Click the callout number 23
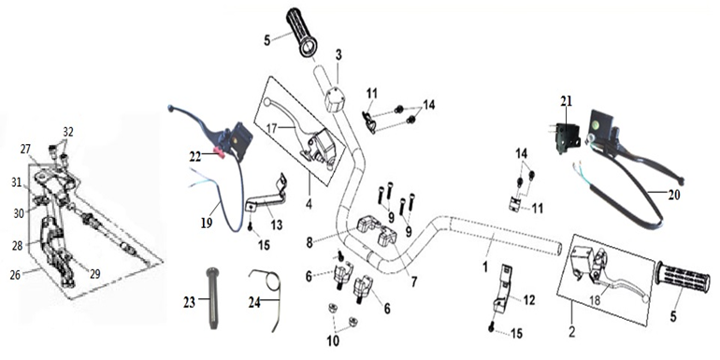pyautogui.click(x=189, y=302)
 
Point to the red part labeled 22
pyautogui.click(x=218, y=152)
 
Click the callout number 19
pyautogui.click(x=206, y=223)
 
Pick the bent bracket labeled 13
pyautogui.click(x=266, y=195)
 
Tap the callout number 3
pyautogui.click(x=338, y=55)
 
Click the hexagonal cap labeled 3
pyautogui.click(x=336, y=100)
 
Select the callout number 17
pyautogui.click(x=272, y=129)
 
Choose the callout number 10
pyautogui.click(x=333, y=340)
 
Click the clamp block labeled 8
pyautogui.click(x=367, y=224)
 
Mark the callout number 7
pyautogui.click(x=414, y=281)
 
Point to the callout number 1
pyautogui.click(x=485, y=266)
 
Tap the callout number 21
pyautogui.click(x=566, y=101)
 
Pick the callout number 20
pyautogui.click(x=673, y=195)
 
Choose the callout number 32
pyautogui.click(x=68, y=132)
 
